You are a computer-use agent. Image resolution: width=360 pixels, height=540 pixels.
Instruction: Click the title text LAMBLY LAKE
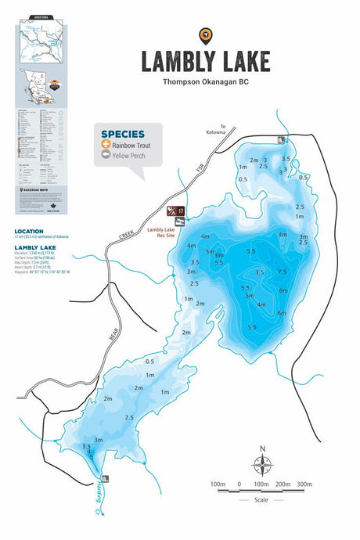pos(205,61)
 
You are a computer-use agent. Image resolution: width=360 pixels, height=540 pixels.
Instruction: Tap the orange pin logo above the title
pos(205,34)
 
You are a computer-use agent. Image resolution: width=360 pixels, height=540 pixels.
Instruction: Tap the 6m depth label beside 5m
pos(220,256)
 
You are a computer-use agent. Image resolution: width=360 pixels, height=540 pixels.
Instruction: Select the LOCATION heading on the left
pos(30,232)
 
